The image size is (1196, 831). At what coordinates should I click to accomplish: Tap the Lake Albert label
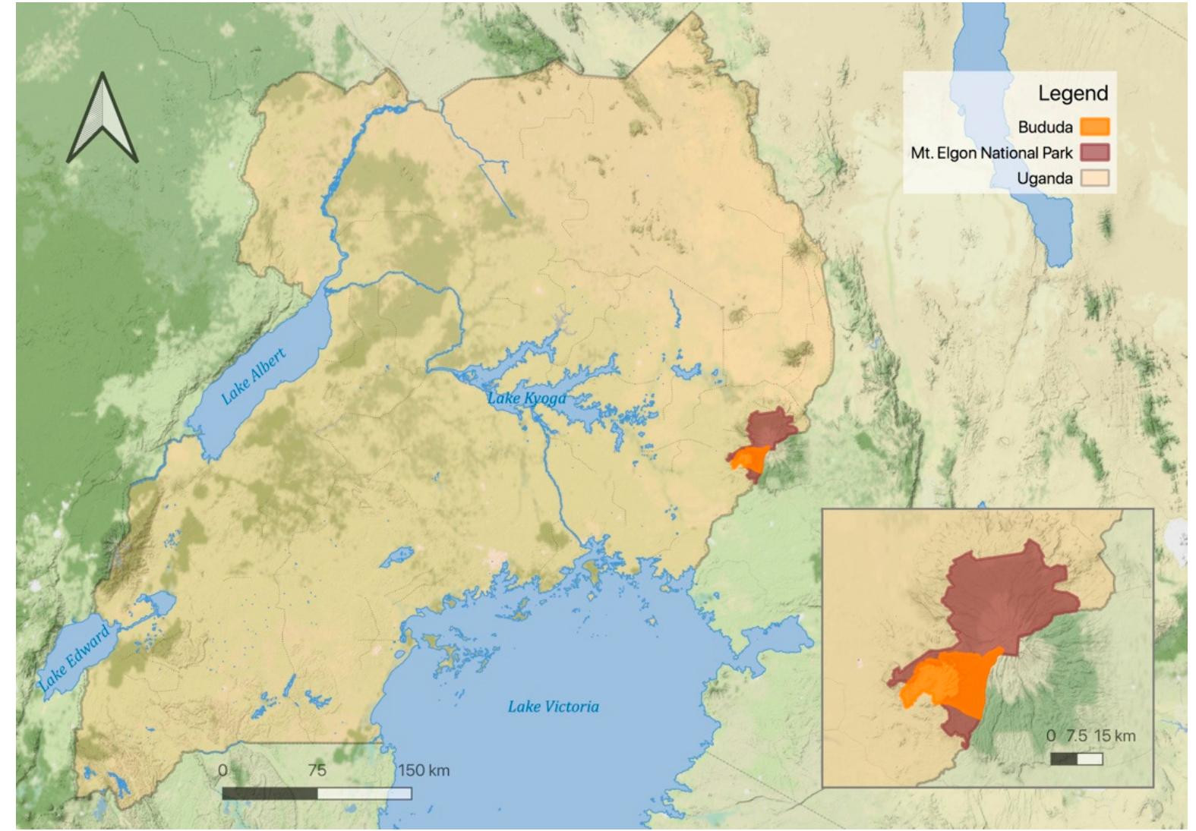click(254, 376)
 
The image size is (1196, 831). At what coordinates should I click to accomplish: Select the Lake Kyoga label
click(526, 398)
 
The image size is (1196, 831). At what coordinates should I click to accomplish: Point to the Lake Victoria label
click(553, 707)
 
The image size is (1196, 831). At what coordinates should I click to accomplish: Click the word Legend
click(1073, 93)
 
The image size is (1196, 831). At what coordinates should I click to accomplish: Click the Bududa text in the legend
click(1045, 127)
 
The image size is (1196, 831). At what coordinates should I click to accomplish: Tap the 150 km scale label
click(423, 770)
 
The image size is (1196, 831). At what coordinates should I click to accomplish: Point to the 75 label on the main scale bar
click(317, 770)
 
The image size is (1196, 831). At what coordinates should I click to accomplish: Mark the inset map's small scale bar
click(1076, 758)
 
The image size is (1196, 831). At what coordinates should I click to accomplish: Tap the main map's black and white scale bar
click(317, 793)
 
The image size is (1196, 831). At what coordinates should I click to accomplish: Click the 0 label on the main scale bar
click(222, 770)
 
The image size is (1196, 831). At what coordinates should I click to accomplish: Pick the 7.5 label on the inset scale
click(1077, 735)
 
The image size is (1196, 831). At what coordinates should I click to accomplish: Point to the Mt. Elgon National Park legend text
click(992, 153)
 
